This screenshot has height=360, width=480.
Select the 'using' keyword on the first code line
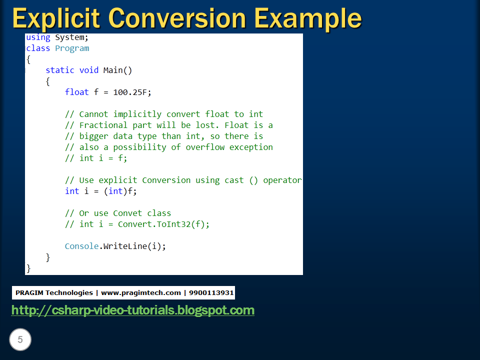coord(38,37)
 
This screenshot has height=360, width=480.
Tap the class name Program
coord(72,48)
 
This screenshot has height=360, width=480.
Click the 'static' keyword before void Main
coord(59,70)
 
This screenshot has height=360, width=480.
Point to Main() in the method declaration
coord(117,70)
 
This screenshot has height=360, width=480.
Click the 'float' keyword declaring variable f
coord(76,92)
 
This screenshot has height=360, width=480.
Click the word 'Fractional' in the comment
coord(103,125)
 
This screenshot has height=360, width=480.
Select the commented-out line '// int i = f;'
coord(96,158)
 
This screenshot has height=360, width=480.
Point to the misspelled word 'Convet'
coord(127,213)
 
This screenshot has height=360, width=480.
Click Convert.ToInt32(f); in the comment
coord(163,224)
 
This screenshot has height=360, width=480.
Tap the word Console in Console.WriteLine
coord(81,246)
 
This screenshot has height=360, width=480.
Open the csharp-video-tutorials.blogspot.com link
coord(132,310)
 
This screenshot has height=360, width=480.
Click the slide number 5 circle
coord(20,340)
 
